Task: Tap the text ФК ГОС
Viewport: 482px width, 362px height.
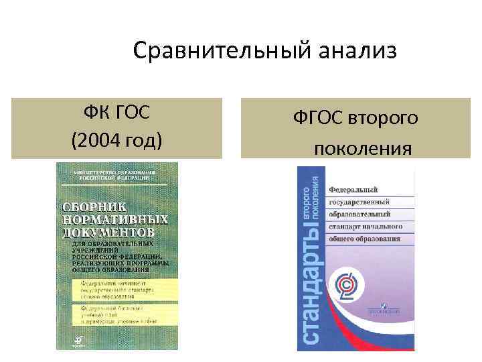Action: point(116,111)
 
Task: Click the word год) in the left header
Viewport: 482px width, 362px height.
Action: point(141,141)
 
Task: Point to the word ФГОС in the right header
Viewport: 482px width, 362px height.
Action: point(319,117)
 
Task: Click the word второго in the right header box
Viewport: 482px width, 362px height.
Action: point(386,117)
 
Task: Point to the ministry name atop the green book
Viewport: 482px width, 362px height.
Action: point(107,176)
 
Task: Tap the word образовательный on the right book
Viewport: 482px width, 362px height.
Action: point(362,214)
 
